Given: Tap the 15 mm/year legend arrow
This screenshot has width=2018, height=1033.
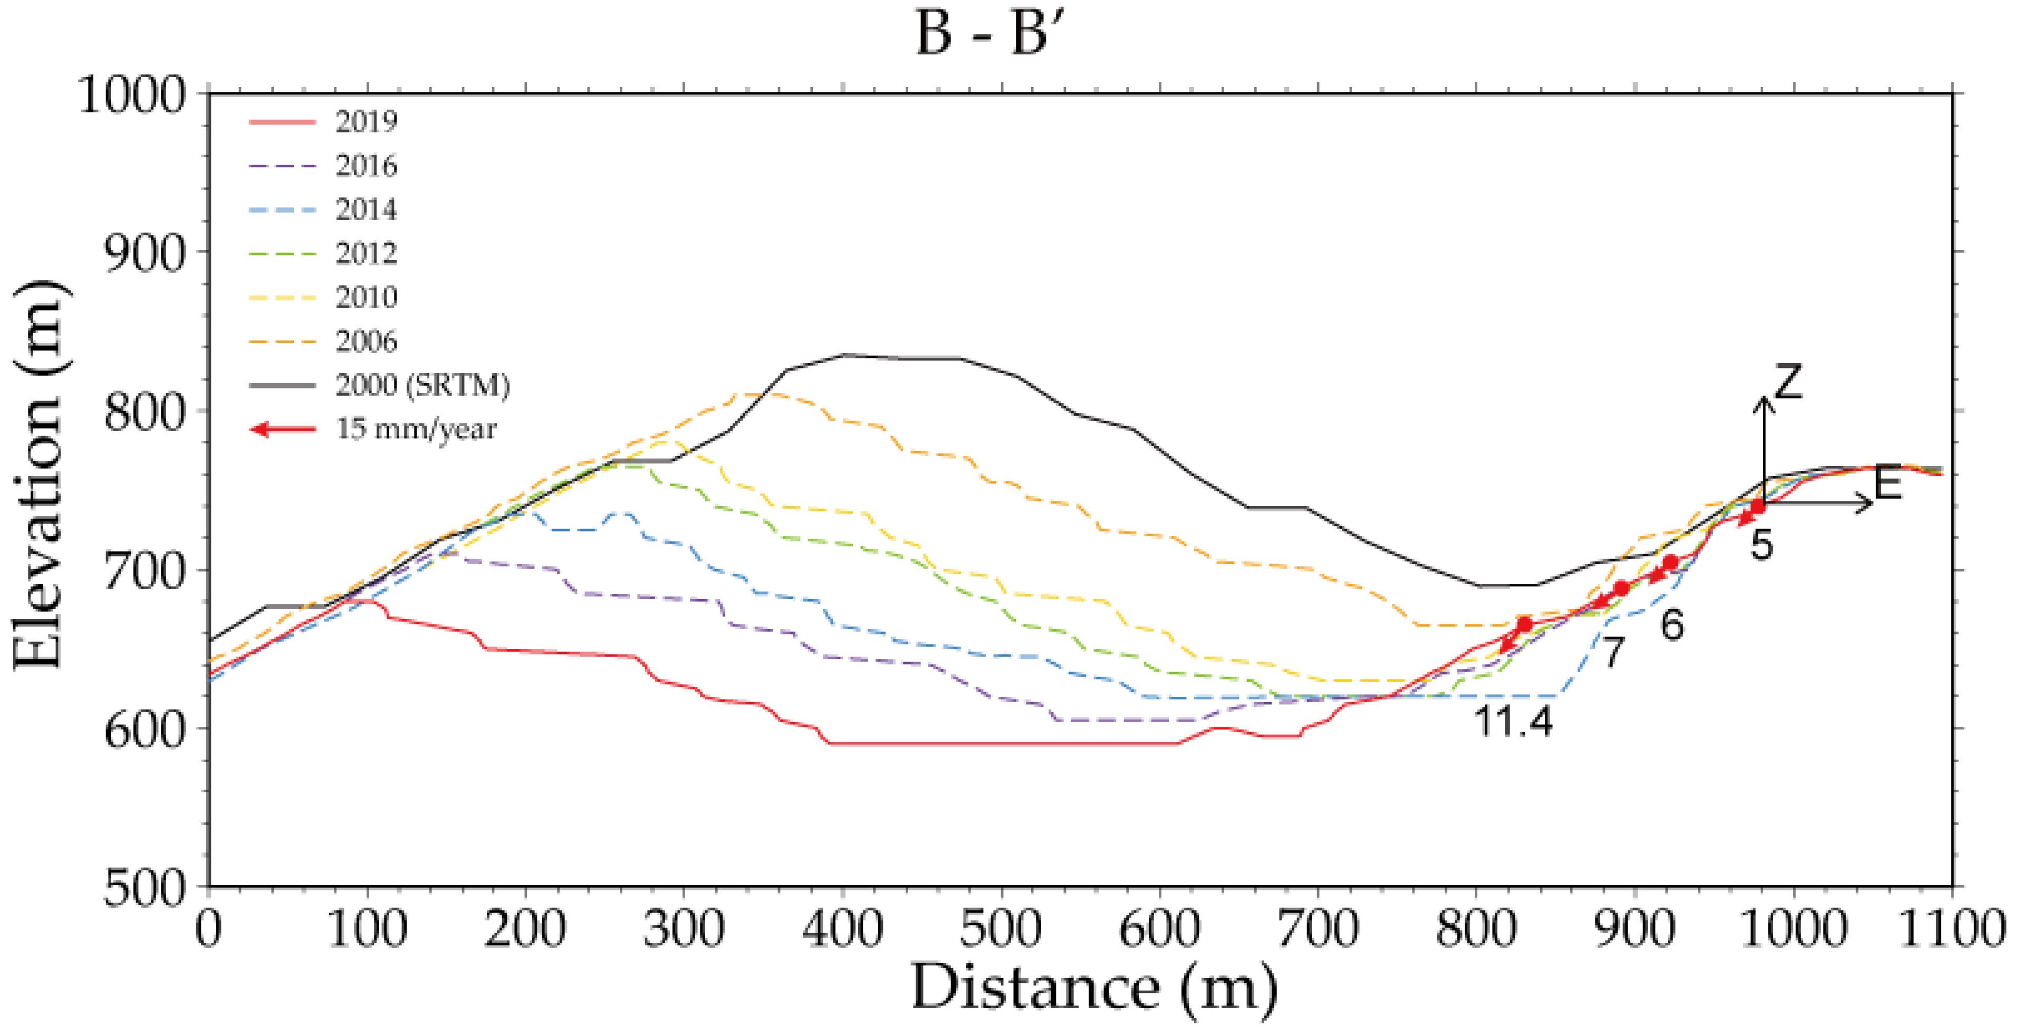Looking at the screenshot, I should [x=283, y=430].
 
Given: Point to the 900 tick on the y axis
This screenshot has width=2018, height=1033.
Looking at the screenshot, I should [x=146, y=252].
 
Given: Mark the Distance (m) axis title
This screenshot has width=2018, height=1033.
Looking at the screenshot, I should [x=1093, y=989].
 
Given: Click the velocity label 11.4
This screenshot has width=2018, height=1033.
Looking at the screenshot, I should [x=1512, y=721].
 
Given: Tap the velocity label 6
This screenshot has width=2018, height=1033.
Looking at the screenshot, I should [x=1673, y=624].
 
